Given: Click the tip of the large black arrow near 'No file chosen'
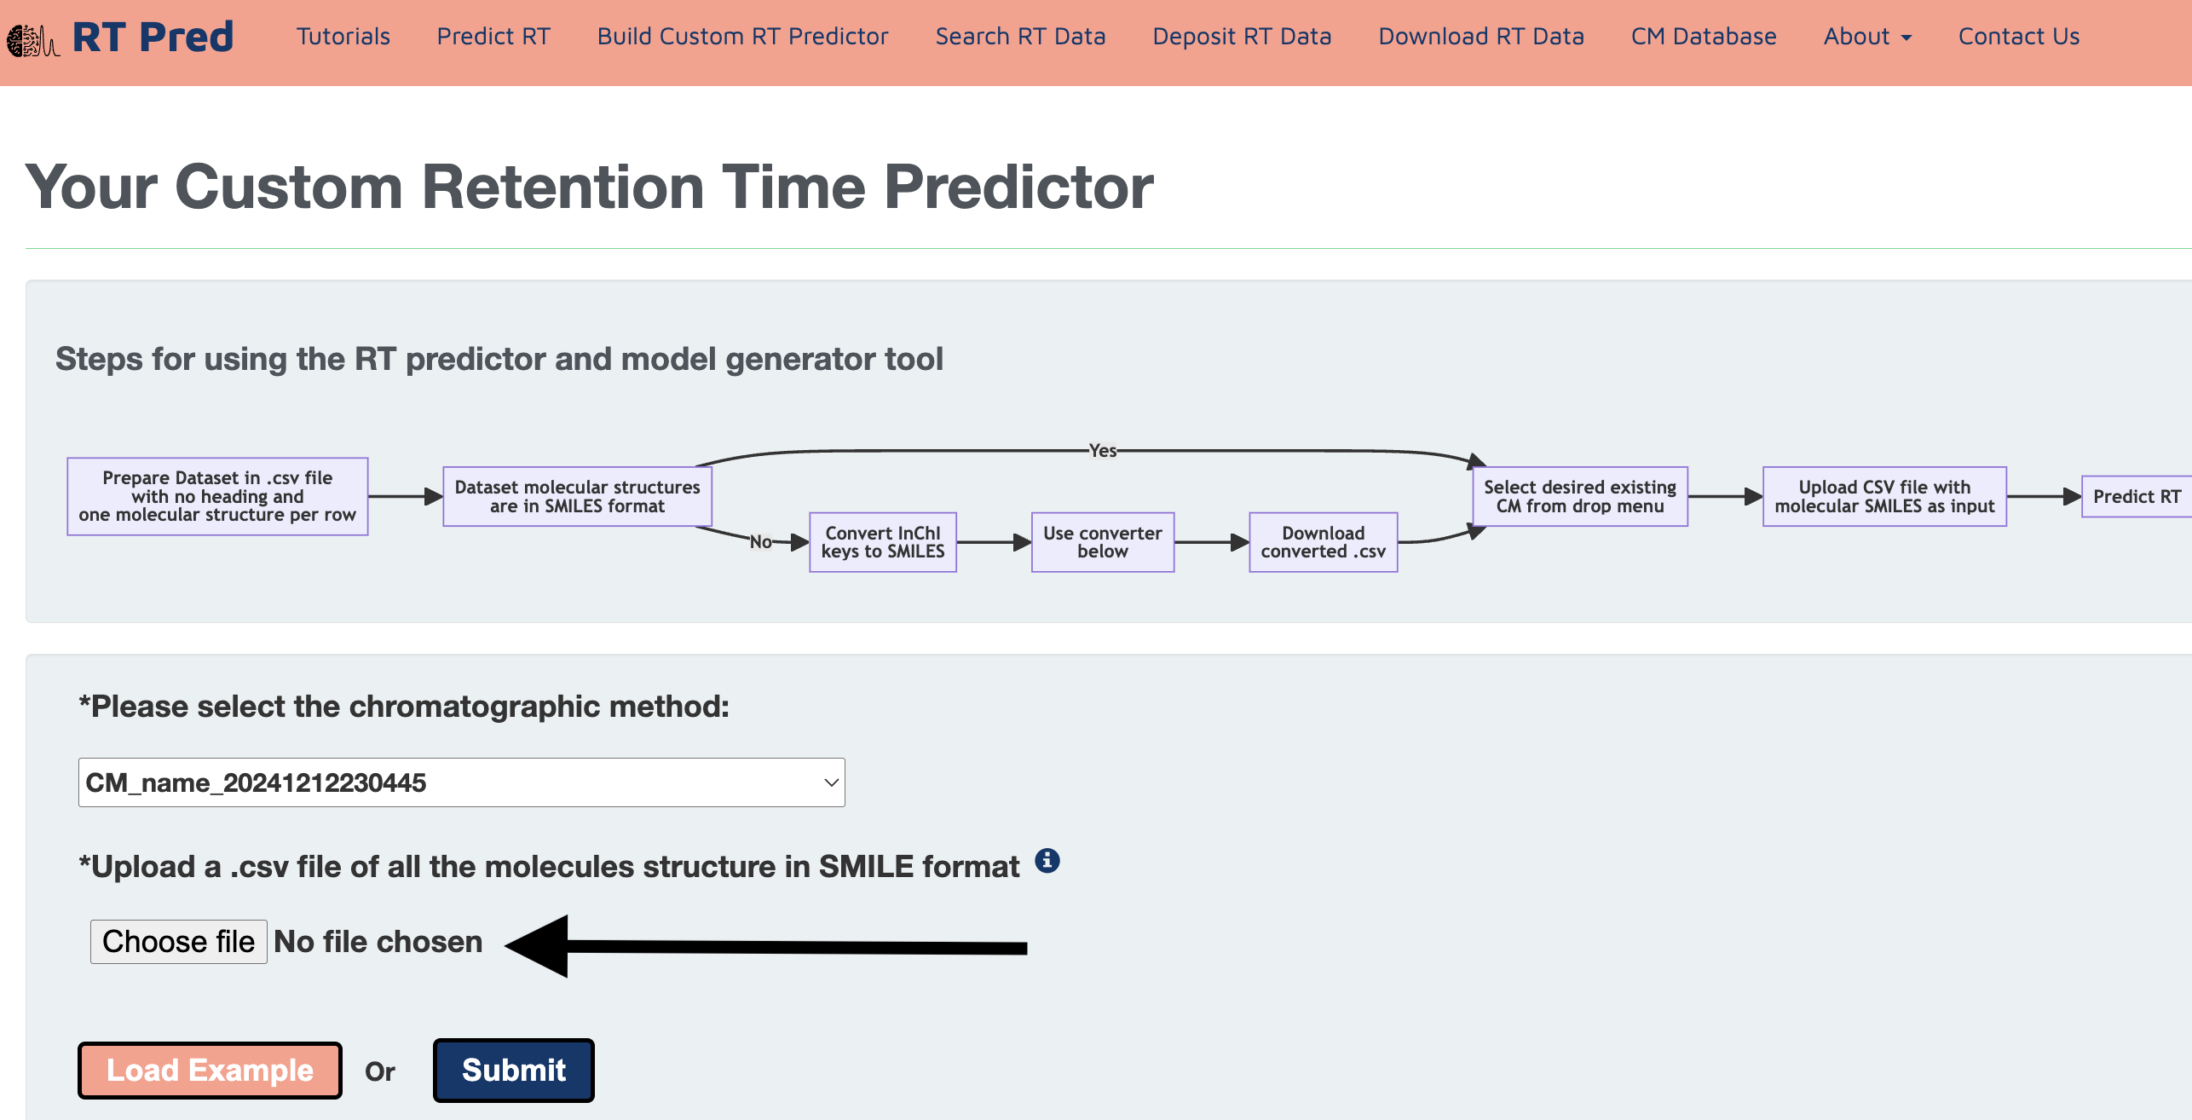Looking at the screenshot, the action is pos(505,944).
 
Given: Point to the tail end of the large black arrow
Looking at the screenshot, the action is pos(1027,948).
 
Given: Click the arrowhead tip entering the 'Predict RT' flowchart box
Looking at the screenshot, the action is pos(2081,496).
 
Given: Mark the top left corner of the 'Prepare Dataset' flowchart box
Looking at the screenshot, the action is pos(67,459).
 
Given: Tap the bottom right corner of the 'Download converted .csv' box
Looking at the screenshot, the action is pos(1398,571).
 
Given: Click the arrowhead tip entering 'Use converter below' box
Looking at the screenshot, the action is pos(1031,542).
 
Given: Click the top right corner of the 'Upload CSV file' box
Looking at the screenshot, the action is pos(2006,467).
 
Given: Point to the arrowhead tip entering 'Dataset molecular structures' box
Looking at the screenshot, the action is pos(443,496).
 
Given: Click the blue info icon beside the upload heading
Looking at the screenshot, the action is pos(1047,861).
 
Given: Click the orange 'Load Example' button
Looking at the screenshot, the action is pos(210,1070).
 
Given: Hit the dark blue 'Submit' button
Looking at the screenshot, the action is pos(513,1070).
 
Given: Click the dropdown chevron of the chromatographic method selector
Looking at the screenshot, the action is pos(831,782).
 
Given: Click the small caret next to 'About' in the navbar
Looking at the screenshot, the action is pos(1906,38).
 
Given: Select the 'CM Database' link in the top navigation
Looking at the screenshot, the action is pos(1704,37).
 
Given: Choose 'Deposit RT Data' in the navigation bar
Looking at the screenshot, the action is pos(1242,37).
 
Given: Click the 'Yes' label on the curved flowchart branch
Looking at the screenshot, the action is pos(1103,450).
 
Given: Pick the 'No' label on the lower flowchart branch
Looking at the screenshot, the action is pos(761,541).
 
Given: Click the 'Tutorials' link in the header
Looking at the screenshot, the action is pos(343,37).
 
